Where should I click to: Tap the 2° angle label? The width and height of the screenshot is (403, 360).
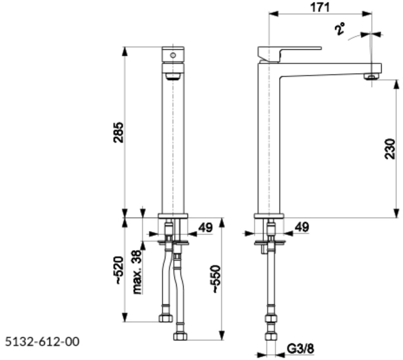pyautogui.click(x=340, y=29)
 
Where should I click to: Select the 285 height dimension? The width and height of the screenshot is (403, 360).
pyautogui.click(x=118, y=132)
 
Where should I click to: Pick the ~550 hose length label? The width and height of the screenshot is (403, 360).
pyautogui.click(x=217, y=278)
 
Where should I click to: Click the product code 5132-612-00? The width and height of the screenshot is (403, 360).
pyautogui.click(x=42, y=342)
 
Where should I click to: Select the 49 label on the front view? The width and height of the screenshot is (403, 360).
pyautogui.click(x=205, y=227)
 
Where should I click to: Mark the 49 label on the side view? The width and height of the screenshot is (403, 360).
pyautogui.click(x=302, y=227)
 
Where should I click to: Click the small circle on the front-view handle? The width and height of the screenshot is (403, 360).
pyautogui.click(x=173, y=55)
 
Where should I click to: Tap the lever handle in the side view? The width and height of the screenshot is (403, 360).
pyautogui.click(x=289, y=54)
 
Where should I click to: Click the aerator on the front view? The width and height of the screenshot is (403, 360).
pyautogui.click(x=173, y=76)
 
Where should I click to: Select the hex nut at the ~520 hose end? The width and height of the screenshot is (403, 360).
pyautogui.click(x=165, y=319)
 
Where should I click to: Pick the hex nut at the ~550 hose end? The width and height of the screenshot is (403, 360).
pyautogui.click(x=180, y=337)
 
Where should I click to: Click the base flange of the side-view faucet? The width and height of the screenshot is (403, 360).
pyautogui.click(x=269, y=216)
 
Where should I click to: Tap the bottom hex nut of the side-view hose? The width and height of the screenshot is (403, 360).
pyautogui.click(x=271, y=337)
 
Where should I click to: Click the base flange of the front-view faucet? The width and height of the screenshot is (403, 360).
pyautogui.click(x=173, y=216)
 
